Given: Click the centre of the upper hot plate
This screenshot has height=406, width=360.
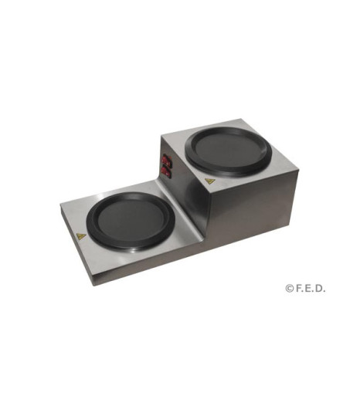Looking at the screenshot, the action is click(x=228, y=150).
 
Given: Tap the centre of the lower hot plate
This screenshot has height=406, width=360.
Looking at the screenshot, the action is click(x=131, y=220).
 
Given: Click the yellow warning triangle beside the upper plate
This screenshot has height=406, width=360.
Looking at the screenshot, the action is click(x=209, y=181).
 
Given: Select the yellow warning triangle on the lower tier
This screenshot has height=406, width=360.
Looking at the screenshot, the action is click(x=81, y=236).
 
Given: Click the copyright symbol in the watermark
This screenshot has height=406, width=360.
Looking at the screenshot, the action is click(x=289, y=289).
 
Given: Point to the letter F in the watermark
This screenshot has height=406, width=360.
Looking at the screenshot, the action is click(x=298, y=289).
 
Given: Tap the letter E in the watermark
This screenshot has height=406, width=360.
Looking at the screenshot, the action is click(x=309, y=289).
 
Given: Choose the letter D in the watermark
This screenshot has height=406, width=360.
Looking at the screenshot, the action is click(x=320, y=289).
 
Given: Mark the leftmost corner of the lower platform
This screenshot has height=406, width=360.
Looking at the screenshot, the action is click(x=60, y=205).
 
